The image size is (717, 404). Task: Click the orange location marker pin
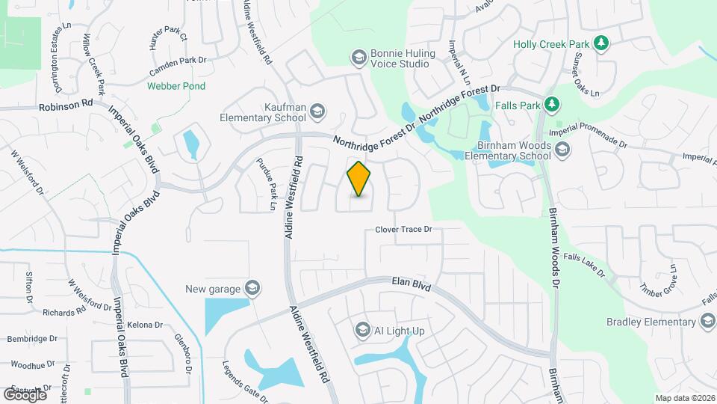(359, 179)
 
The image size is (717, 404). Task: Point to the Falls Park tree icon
(552, 105)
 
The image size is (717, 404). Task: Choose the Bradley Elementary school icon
(707, 322)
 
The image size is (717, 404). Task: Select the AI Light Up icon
(362, 330)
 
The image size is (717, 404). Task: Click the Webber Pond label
(176, 86)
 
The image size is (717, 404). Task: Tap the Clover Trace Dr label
(403, 230)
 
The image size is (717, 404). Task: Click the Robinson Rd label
(66, 107)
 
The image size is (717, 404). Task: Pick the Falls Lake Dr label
(584, 265)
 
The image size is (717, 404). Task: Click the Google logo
(25, 394)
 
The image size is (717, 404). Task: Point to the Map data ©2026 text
(684, 398)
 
